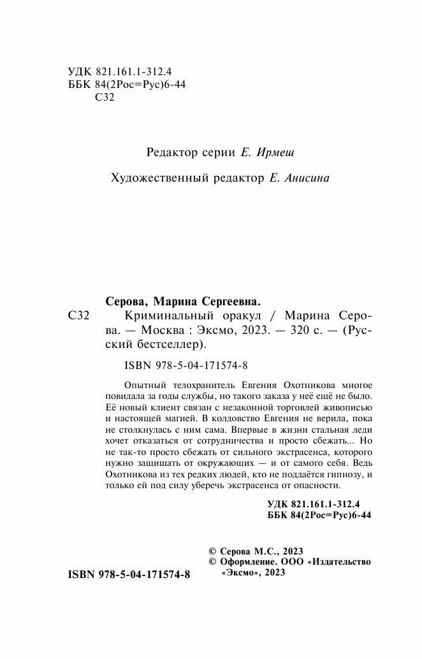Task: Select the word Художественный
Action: [x=152, y=179]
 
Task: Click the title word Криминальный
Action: [x=161, y=317]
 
